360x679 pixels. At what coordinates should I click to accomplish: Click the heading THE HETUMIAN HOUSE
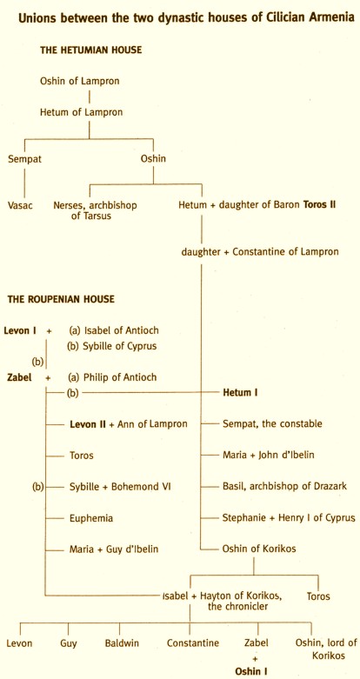point(91,50)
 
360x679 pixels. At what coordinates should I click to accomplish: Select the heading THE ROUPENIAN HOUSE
point(61,299)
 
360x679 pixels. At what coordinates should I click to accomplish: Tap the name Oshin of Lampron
point(80,81)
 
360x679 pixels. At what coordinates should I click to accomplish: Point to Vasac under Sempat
point(20,205)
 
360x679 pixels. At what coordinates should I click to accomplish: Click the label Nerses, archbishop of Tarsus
point(95,210)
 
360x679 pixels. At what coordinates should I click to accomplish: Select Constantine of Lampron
point(285,252)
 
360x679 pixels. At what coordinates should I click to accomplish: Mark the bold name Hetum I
point(237,393)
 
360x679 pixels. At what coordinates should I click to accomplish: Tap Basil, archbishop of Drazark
point(284,487)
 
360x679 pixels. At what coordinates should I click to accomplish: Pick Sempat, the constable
point(272,424)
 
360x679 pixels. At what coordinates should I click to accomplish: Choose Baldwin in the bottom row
point(122,643)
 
